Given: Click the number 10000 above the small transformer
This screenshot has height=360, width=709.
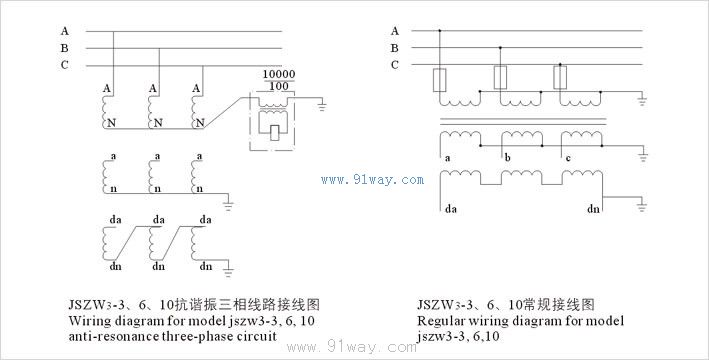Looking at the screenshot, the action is click(x=279, y=74).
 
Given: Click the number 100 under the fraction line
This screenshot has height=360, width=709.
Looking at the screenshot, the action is click(x=279, y=86).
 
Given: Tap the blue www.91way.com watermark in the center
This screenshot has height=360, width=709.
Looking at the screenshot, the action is click(x=373, y=180).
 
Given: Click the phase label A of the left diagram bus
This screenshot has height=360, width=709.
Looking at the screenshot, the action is click(x=65, y=31).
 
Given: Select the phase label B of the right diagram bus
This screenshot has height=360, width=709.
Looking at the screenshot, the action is click(x=395, y=48).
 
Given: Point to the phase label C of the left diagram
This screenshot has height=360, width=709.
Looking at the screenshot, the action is click(x=65, y=65).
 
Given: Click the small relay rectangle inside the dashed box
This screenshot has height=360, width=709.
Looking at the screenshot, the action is click(x=274, y=133).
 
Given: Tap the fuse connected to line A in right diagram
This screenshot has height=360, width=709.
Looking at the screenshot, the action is click(x=440, y=81).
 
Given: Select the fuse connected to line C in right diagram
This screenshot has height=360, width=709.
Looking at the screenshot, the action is click(x=560, y=78).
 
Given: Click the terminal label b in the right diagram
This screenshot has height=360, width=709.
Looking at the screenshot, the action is click(x=508, y=158).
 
